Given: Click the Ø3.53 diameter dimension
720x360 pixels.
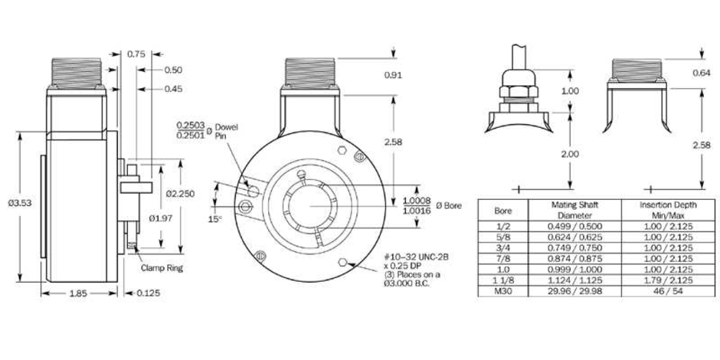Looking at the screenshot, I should [18, 203].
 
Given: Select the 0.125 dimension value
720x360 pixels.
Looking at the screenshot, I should [149, 293].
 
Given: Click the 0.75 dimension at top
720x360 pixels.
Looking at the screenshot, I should [136, 54].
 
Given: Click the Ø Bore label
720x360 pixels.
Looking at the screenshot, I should [452, 206].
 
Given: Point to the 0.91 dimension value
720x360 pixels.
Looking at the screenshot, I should [394, 75].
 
